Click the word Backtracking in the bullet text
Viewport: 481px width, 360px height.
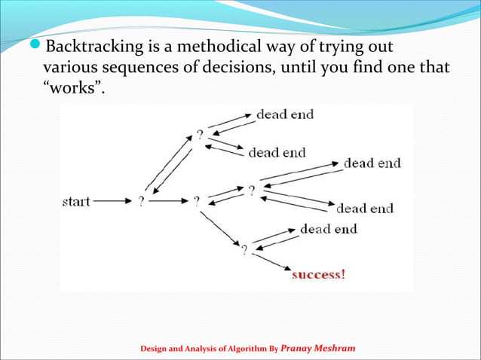click(x=93, y=48)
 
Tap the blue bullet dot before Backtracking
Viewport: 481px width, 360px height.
click(x=38, y=48)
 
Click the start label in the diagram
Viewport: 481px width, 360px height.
click(x=75, y=202)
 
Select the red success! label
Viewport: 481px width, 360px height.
click(x=319, y=273)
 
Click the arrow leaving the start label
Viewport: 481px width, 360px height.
click(x=112, y=202)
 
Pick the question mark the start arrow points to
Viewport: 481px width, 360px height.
click(x=141, y=202)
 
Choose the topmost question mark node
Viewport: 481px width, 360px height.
click(x=200, y=135)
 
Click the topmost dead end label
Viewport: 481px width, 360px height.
click(x=285, y=115)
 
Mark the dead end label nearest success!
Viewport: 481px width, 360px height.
click(x=328, y=228)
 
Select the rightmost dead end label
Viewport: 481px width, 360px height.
click(x=372, y=163)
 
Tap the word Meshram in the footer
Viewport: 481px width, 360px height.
click(x=335, y=349)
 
